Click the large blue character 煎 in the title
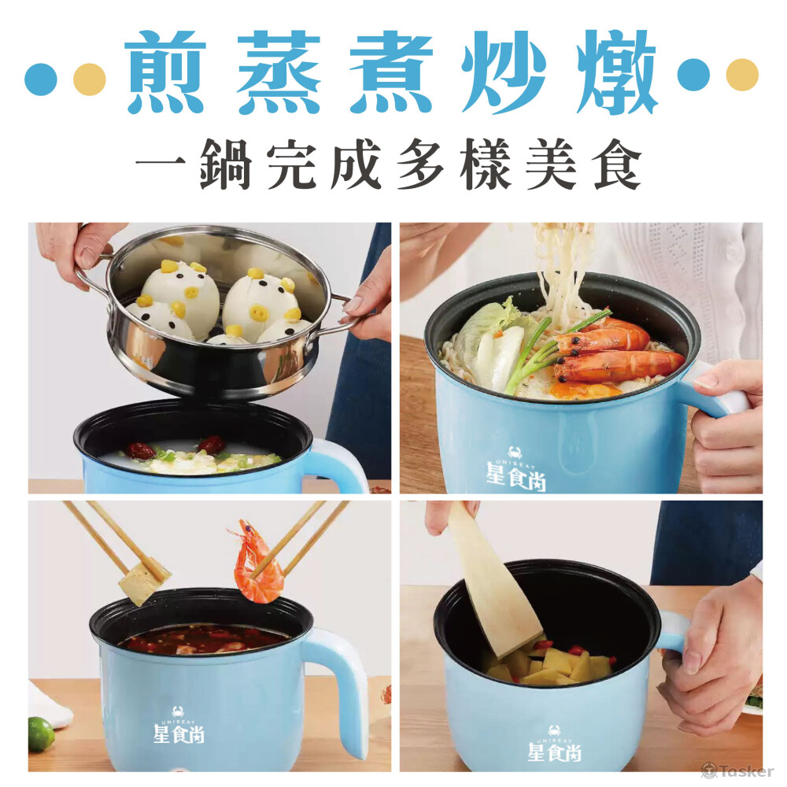point(165,72)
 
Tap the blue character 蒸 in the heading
point(279,72)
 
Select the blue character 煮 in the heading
point(391,72)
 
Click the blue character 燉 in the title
point(617,72)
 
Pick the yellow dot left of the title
point(90,79)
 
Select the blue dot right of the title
point(693,75)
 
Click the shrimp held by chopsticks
point(256,563)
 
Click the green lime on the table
point(41,733)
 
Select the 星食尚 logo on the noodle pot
point(515,469)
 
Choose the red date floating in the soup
point(139,450)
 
